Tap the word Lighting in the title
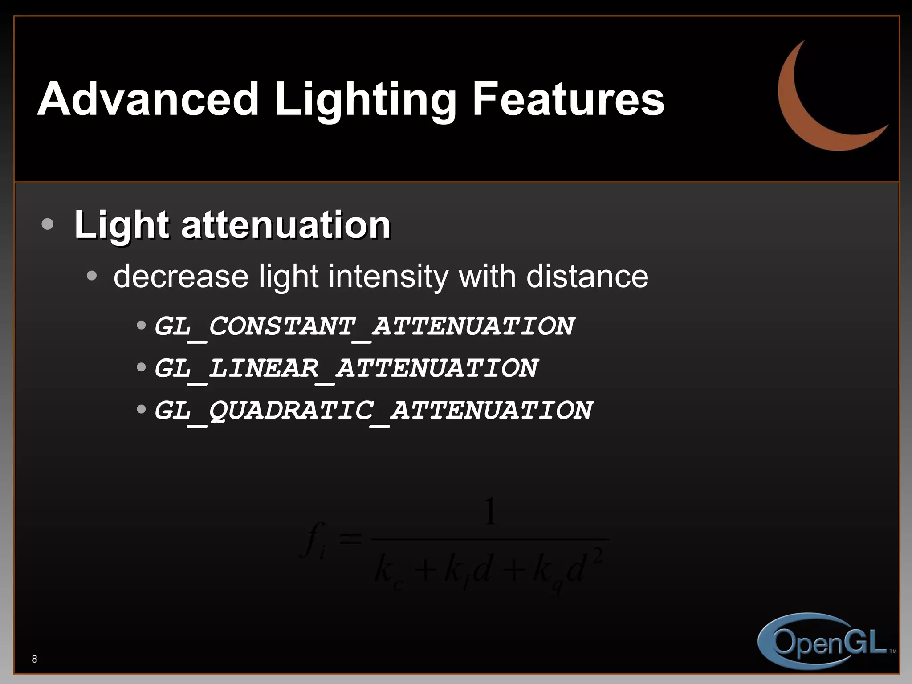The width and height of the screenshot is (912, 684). [x=365, y=100]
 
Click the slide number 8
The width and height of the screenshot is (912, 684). [x=34, y=659]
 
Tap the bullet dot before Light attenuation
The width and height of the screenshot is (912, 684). [x=47, y=224]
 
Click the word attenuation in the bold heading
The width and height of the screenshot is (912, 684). [x=285, y=224]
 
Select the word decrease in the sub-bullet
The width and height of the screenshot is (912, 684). [x=181, y=277]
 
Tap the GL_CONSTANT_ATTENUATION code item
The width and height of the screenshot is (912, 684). [x=364, y=326]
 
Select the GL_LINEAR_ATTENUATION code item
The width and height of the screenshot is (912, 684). [x=346, y=368]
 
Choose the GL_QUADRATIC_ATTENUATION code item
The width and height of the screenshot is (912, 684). [x=373, y=410]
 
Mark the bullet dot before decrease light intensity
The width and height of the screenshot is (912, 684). [x=92, y=276]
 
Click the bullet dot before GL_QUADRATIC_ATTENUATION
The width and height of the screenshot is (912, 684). [x=141, y=409]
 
